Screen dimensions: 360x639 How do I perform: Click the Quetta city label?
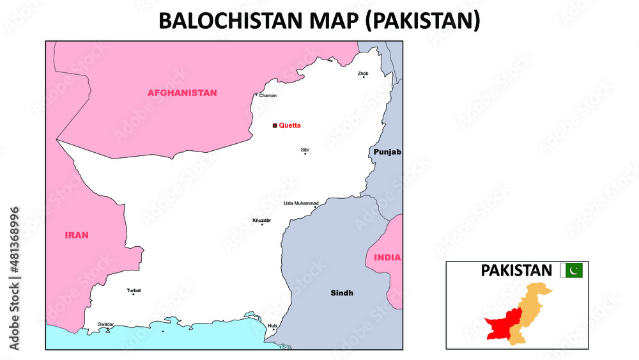(289, 125)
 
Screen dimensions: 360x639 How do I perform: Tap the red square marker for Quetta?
(275, 126)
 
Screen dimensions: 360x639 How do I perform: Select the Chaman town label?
(268, 95)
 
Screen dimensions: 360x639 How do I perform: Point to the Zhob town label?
(363, 74)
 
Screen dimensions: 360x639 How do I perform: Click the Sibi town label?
(305, 149)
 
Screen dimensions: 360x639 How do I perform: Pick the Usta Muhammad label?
(301, 203)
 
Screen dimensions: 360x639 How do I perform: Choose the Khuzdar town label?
(262, 220)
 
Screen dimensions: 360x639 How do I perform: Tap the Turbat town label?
(134, 290)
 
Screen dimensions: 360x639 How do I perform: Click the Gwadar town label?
(106, 324)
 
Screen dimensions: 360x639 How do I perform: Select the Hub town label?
(273, 325)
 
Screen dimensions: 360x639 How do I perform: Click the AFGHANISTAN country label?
(182, 93)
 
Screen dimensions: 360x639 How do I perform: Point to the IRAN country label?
(77, 235)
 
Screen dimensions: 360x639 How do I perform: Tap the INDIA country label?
(388, 258)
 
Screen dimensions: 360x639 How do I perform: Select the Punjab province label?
(387, 152)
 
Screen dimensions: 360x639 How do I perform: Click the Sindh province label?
(342, 293)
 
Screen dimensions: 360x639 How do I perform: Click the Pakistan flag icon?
(572, 270)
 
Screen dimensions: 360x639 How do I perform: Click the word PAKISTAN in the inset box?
(516, 270)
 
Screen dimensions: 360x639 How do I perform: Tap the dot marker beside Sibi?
(305, 154)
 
